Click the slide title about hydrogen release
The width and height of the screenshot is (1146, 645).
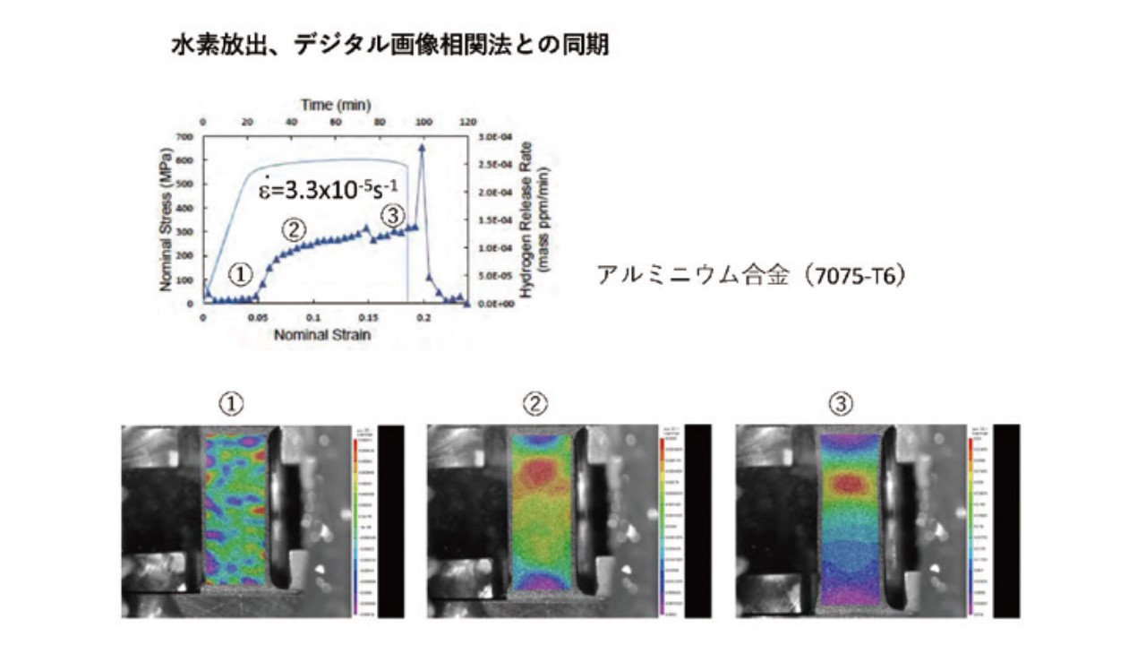(x=389, y=45)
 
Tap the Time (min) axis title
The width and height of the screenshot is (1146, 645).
(x=336, y=105)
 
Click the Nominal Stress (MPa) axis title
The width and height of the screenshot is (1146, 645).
(x=167, y=219)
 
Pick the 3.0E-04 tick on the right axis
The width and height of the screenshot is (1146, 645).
(x=493, y=136)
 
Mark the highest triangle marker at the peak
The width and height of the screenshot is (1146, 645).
(x=423, y=149)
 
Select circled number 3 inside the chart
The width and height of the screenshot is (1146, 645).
(x=393, y=215)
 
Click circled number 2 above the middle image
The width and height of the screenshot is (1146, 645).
(x=535, y=406)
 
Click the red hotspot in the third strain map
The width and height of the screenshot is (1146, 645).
(x=848, y=484)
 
